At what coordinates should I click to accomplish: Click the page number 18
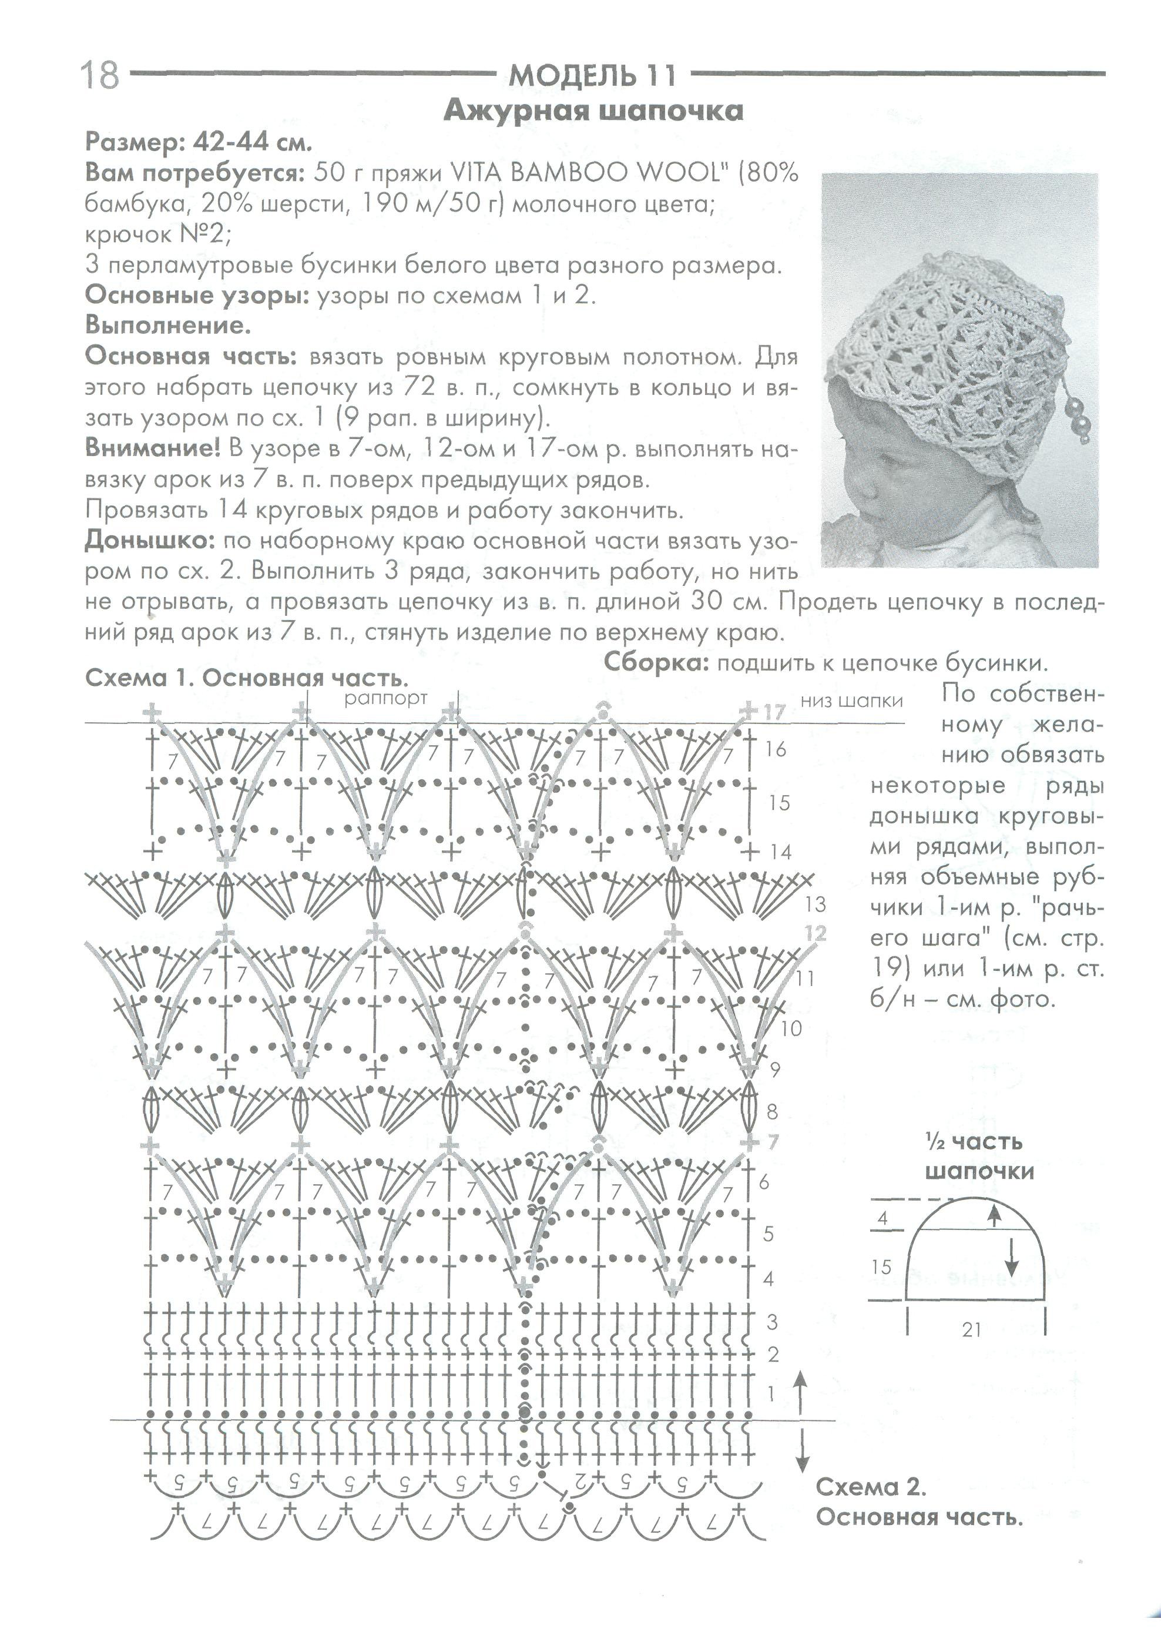100,75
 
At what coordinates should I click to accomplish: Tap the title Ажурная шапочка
593,111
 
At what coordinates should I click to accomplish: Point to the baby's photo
958,372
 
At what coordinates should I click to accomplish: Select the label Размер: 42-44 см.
199,142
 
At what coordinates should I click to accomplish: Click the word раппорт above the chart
385,698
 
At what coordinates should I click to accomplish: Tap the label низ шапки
851,701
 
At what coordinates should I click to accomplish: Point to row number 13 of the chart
815,904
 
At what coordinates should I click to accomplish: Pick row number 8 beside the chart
772,1111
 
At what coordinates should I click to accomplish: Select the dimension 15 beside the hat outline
881,1268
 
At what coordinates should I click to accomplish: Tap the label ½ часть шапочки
979,1157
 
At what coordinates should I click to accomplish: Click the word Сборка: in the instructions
656,663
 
